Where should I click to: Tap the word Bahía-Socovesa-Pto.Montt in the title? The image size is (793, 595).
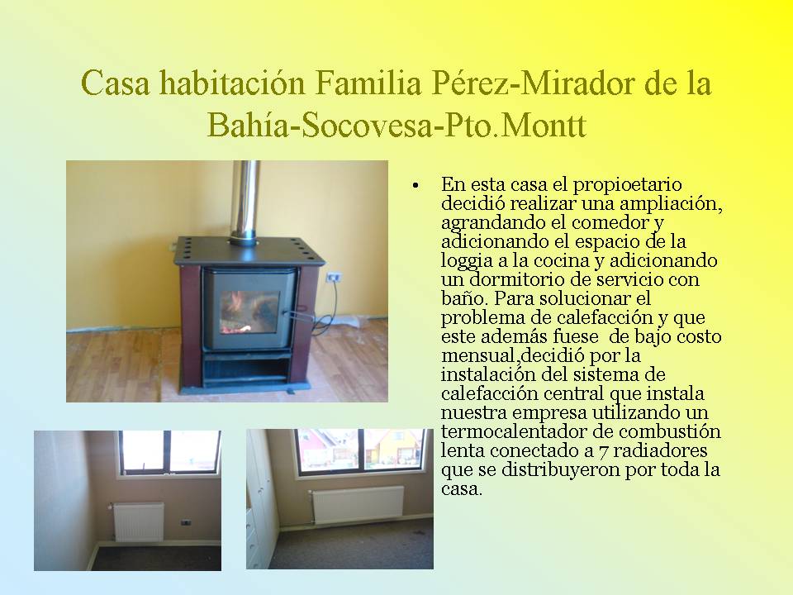(x=396, y=125)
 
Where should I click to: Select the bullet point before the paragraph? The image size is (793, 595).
(x=415, y=186)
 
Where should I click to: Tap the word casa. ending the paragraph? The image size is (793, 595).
(x=461, y=489)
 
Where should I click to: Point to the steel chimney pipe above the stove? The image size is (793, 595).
(x=245, y=201)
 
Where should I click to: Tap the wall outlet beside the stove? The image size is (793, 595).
(x=333, y=277)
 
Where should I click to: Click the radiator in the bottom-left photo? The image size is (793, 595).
(x=138, y=521)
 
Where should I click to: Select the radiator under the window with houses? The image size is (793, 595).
(x=357, y=504)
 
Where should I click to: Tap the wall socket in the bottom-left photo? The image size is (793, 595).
(x=186, y=521)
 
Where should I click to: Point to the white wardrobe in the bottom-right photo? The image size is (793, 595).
(x=262, y=498)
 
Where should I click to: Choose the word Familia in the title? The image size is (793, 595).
(x=368, y=83)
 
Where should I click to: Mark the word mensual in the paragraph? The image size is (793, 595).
(x=477, y=355)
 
